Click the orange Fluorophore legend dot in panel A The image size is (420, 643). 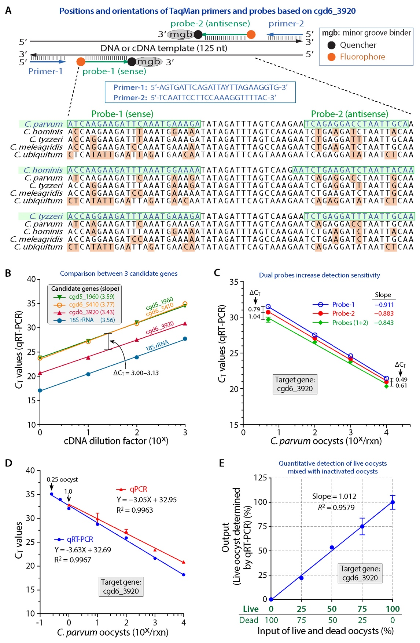(331, 57)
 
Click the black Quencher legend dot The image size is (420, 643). (331, 45)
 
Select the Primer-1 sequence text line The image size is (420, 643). (200, 87)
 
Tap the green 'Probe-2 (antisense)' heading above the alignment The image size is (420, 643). (349, 114)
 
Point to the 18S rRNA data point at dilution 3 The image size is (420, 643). (185, 339)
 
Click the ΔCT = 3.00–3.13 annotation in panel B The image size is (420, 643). (136, 373)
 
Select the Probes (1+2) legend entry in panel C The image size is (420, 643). (350, 323)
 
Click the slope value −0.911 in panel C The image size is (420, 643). (384, 305)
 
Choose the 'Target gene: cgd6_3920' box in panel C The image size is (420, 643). (295, 384)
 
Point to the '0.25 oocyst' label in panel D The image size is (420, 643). (62, 479)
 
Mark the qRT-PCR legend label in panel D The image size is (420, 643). (80, 539)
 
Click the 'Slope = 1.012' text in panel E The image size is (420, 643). (334, 496)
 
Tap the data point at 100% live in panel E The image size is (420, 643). (393, 502)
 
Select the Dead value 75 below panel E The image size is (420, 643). (301, 620)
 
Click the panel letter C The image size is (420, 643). (217, 273)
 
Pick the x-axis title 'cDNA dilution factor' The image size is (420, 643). (116, 441)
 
